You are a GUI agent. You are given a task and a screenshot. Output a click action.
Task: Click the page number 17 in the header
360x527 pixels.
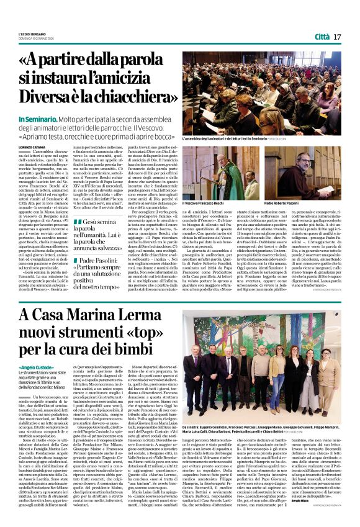(337, 37)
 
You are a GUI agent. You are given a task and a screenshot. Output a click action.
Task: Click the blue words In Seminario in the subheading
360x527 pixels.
(55, 119)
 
